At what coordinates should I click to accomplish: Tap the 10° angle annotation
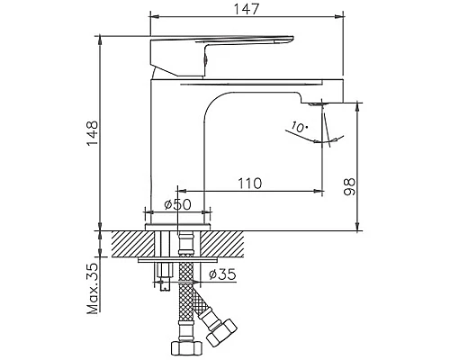click(x=301, y=128)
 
